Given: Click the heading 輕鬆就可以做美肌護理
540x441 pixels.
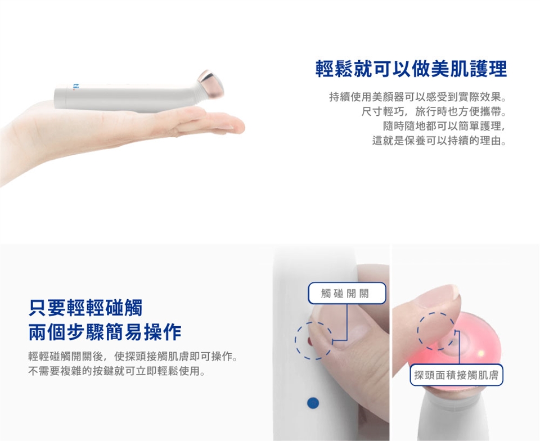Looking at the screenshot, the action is (411, 69).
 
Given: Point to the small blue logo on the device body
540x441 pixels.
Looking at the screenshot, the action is (76, 88).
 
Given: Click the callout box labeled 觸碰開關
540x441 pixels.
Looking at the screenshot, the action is (347, 293).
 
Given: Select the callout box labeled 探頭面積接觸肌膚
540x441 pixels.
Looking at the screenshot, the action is (456, 375).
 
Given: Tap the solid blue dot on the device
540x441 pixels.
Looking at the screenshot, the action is (313, 403).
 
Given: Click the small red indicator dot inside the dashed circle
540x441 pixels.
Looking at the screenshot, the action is (309, 341).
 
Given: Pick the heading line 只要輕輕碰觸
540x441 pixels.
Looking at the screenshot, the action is (85, 308).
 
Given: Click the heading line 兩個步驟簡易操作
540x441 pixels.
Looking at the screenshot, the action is (105, 332).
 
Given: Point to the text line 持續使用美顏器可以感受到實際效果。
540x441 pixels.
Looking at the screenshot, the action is (418, 97).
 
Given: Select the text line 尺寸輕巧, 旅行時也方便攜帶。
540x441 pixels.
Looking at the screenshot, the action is (434, 111).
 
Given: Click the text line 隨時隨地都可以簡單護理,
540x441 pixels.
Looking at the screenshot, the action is (444, 126).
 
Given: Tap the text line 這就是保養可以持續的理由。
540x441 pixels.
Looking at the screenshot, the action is (440, 141).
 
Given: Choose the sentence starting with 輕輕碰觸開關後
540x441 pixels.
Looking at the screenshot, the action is (133, 356).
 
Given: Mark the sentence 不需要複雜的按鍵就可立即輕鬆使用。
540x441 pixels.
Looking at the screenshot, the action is (117, 371).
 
